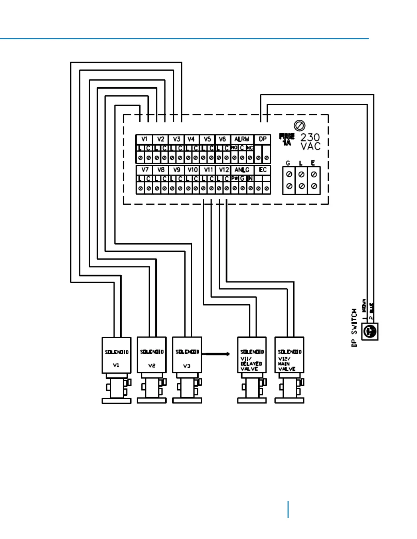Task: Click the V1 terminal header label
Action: click(144, 139)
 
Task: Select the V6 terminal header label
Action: click(222, 139)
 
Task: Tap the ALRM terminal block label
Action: click(242, 139)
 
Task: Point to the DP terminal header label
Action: click(262, 139)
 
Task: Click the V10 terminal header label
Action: click(192, 170)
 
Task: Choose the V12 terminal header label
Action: click(223, 170)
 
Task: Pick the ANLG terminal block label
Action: click(242, 170)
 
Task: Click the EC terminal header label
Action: click(262, 170)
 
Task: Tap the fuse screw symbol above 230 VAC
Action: click(299, 126)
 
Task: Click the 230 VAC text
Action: click(310, 142)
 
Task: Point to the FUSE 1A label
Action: click(287, 140)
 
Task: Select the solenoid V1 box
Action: click(117, 355)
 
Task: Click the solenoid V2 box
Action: click(152, 355)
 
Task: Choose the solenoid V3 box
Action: click(187, 355)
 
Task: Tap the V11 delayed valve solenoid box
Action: click(252, 355)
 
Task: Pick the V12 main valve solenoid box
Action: click(289, 355)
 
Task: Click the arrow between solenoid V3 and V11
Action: click(216, 354)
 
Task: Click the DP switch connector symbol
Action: click(370, 331)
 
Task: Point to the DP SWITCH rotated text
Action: click(354, 328)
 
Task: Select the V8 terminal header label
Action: click(161, 170)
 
